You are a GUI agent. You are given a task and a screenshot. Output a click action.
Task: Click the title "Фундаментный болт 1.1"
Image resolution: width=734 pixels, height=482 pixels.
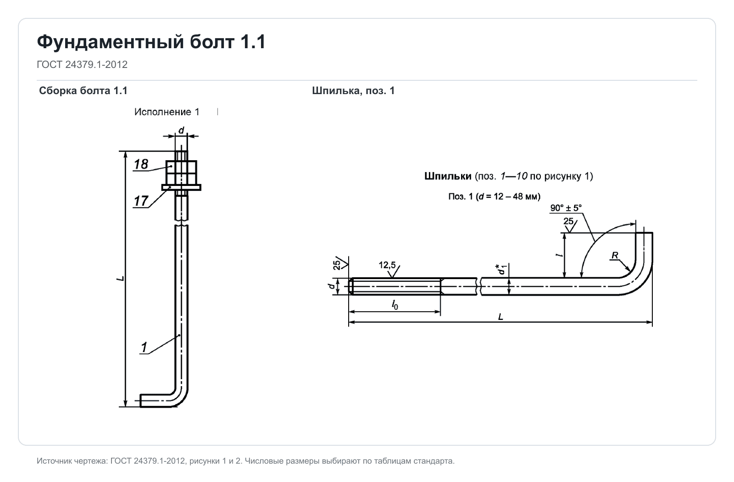pos(151,42)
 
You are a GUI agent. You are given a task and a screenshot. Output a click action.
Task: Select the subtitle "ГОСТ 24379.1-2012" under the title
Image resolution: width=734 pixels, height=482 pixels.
pos(82,65)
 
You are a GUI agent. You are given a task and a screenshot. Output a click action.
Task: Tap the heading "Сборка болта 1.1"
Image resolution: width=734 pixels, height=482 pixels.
pos(83,91)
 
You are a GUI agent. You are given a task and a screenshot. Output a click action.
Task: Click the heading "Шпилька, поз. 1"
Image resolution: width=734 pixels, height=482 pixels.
pos(353,91)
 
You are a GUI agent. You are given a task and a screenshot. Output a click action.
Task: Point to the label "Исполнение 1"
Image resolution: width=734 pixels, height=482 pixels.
pos(167,112)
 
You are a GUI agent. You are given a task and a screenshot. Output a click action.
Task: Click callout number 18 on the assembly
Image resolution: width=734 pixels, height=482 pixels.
pos(141,164)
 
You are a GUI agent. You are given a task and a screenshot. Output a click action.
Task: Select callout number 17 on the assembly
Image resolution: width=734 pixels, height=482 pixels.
pos(141,201)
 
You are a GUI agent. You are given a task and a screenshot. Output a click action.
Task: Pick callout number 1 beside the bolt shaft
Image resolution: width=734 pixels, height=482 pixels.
pos(144,347)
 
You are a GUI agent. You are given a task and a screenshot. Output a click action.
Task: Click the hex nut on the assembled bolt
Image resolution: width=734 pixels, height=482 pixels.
pos(181,173)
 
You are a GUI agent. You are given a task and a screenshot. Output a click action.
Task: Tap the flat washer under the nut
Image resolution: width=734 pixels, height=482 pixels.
pos(181,187)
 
